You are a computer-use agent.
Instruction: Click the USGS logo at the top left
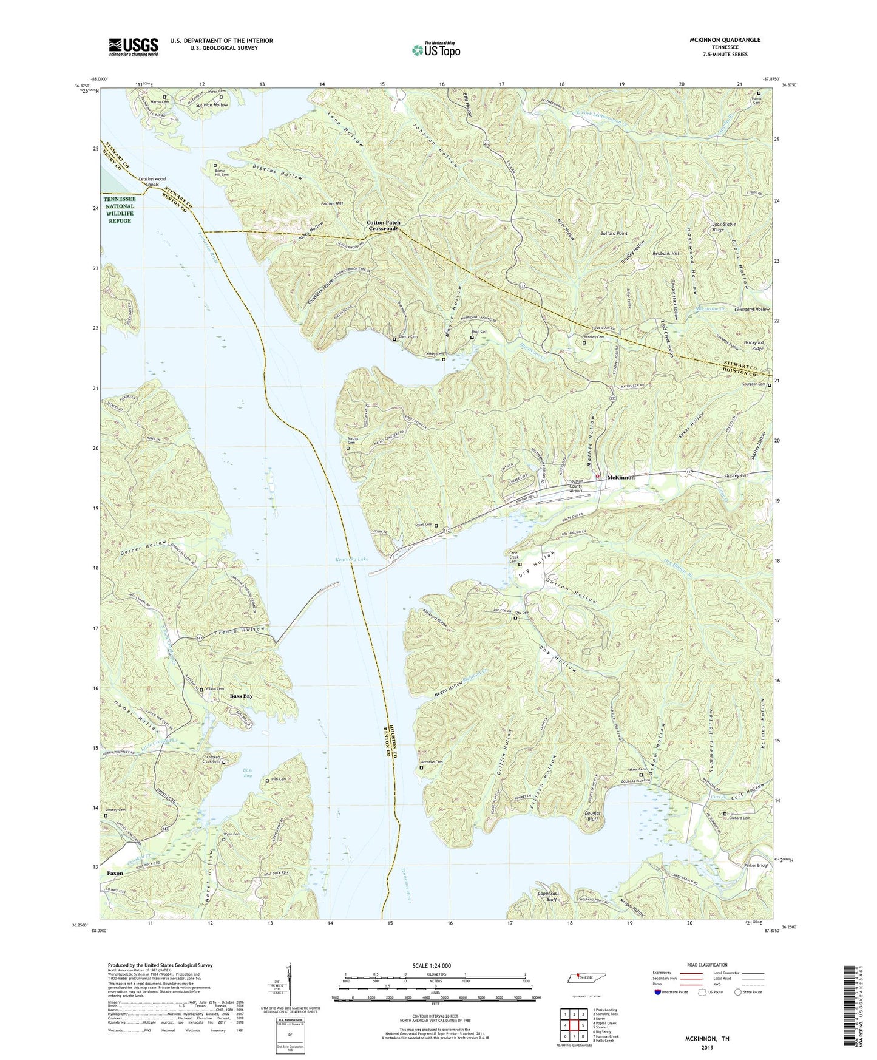[x=134, y=46]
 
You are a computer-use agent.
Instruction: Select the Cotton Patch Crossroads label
[x=383, y=226]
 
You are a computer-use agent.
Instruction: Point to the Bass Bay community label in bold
[x=241, y=696]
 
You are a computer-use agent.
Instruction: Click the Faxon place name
[x=115, y=873]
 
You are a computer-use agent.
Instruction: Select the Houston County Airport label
[x=575, y=486]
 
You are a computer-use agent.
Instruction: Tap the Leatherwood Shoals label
[x=152, y=182]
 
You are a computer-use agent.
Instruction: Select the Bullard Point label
[x=614, y=233]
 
